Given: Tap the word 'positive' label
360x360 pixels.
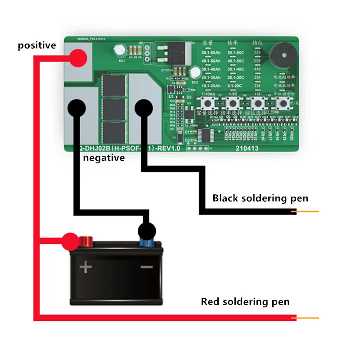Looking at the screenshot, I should click(x=37, y=45).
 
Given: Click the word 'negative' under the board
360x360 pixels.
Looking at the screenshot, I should click(x=103, y=158).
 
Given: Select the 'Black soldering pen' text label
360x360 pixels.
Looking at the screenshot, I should click(x=261, y=198).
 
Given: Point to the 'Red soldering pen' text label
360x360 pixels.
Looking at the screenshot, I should click(x=245, y=301).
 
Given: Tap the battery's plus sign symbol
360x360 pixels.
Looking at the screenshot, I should click(x=85, y=268).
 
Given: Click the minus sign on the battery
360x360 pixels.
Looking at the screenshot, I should click(x=146, y=267).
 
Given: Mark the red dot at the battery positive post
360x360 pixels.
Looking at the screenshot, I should click(x=71, y=242).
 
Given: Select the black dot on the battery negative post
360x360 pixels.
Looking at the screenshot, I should click(x=147, y=231).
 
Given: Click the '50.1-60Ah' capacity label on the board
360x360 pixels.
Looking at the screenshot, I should click(x=211, y=53).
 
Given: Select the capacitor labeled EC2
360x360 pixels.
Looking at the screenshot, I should click(x=195, y=73).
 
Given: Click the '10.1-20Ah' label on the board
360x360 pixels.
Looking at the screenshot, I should click(x=211, y=85).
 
